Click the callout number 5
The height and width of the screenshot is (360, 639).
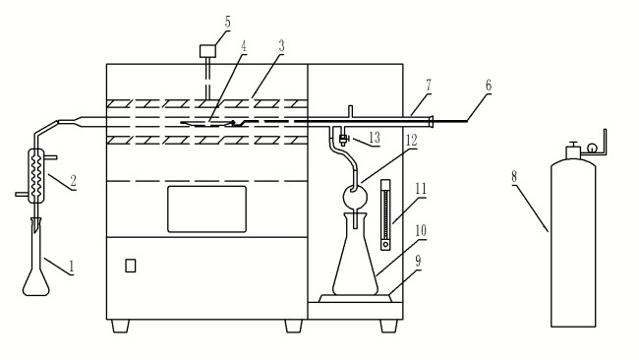click(227, 22)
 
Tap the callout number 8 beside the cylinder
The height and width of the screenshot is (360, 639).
click(514, 177)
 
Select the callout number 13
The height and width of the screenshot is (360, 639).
click(375, 138)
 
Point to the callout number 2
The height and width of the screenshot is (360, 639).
click(74, 180)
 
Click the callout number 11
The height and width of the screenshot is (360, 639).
click(421, 189)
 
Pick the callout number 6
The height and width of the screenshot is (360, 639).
click(489, 86)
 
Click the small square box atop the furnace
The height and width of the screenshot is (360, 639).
click(207, 51)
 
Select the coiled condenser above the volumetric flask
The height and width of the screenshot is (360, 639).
click(36, 176)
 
